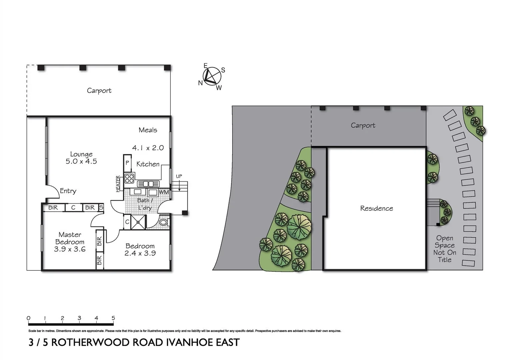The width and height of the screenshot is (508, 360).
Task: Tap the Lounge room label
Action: pos(81,154)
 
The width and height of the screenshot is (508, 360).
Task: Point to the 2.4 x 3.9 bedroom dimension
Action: pos(140,253)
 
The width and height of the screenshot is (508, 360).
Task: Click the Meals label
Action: pos(148,130)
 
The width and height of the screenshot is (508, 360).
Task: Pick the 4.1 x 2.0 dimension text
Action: pos(148,148)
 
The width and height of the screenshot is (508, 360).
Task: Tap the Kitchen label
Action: pos(148,164)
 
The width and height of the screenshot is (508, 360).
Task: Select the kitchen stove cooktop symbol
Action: pos(129,178)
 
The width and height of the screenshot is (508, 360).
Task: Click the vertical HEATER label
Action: pos(118,184)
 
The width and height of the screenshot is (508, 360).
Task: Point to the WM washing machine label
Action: pos(163,192)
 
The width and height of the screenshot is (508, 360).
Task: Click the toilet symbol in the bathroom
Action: pos(164,222)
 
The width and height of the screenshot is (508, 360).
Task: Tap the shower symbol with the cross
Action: pos(138,222)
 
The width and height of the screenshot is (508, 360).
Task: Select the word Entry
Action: pos(68,191)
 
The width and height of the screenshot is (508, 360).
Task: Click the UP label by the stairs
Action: pos(179,176)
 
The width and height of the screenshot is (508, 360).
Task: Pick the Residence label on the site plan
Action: pos(376,208)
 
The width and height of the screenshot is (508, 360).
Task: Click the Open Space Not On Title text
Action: pos(445,249)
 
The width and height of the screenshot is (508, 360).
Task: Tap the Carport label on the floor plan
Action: pos(99,91)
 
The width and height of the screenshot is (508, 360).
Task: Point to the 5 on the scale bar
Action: pos(113,318)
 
